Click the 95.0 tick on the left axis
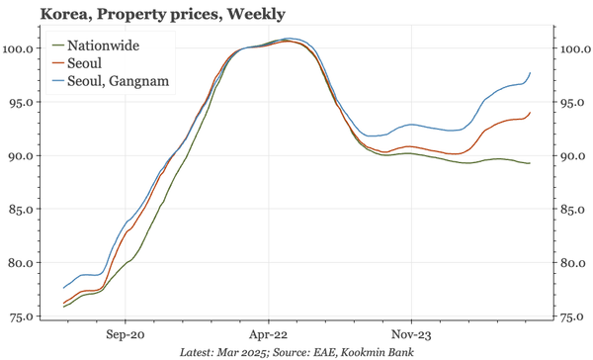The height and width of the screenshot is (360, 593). point(24,102)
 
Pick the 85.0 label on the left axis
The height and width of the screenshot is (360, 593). point(24,210)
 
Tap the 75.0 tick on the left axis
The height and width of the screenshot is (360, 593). point(24,316)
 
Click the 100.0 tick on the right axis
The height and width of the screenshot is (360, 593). point(575,47)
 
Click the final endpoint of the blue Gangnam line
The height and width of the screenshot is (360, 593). point(531,72)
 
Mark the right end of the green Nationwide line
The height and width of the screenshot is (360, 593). point(531,163)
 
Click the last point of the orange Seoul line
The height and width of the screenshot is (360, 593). point(531,113)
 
